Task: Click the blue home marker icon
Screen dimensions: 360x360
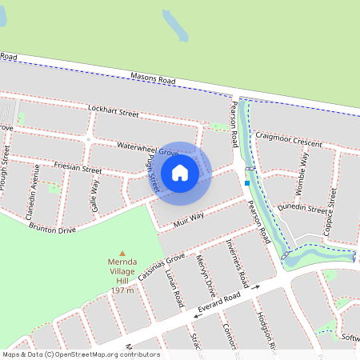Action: click(180, 172)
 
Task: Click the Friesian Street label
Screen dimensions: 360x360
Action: click(78, 170)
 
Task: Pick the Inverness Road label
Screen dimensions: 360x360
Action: click(238, 258)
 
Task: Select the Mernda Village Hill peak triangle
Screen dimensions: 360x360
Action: click(122, 251)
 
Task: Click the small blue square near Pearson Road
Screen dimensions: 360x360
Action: click(247, 183)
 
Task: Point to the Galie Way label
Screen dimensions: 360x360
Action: click(95, 192)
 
